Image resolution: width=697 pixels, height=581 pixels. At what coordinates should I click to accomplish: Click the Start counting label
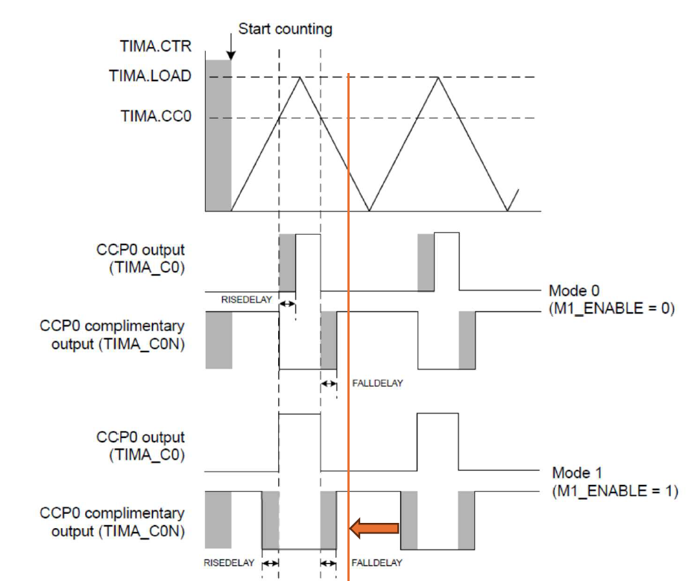click(x=286, y=29)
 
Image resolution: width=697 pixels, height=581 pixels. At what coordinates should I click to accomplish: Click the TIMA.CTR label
click(x=156, y=46)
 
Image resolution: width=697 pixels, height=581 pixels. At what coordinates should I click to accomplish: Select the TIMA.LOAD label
click(x=151, y=76)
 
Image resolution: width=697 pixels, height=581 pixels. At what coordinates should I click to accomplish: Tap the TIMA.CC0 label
click(x=156, y=116)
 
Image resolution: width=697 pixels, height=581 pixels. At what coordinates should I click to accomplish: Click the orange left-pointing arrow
click(x=374, y=528)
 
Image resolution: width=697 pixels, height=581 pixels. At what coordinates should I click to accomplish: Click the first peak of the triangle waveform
click(x=300, y=77)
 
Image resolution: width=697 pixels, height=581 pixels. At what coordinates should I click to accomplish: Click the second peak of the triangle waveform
click(x=438, y=77)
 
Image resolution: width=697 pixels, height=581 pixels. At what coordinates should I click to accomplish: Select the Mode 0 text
click(x=574, y=291)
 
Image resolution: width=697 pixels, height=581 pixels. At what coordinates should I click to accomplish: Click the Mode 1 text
click(x=577, y=472)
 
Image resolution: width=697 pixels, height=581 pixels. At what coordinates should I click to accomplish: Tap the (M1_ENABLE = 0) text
click(x=612, y=308)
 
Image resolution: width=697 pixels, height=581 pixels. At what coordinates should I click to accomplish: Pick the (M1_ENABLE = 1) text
click(x=615, y=491)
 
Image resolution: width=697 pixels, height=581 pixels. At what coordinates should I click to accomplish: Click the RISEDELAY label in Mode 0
click(x=247, y=300)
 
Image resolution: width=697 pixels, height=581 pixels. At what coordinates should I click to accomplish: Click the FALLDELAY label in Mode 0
click(x=377, y=383)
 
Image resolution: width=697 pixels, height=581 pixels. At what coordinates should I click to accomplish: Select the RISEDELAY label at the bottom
click(x=229, y=563)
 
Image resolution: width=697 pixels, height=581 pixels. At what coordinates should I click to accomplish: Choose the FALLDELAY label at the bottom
click(x=377, y=563)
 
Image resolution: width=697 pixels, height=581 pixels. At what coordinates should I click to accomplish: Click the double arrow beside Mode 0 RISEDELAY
click(x=287, y=304)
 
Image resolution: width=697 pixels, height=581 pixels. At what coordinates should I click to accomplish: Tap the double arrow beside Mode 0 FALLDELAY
click(x=329, y=384)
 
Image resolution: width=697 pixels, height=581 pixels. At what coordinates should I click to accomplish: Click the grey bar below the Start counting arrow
click(x=218, y=136)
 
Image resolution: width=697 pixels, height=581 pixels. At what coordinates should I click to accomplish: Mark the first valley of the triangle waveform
click(x=370, y=210)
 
